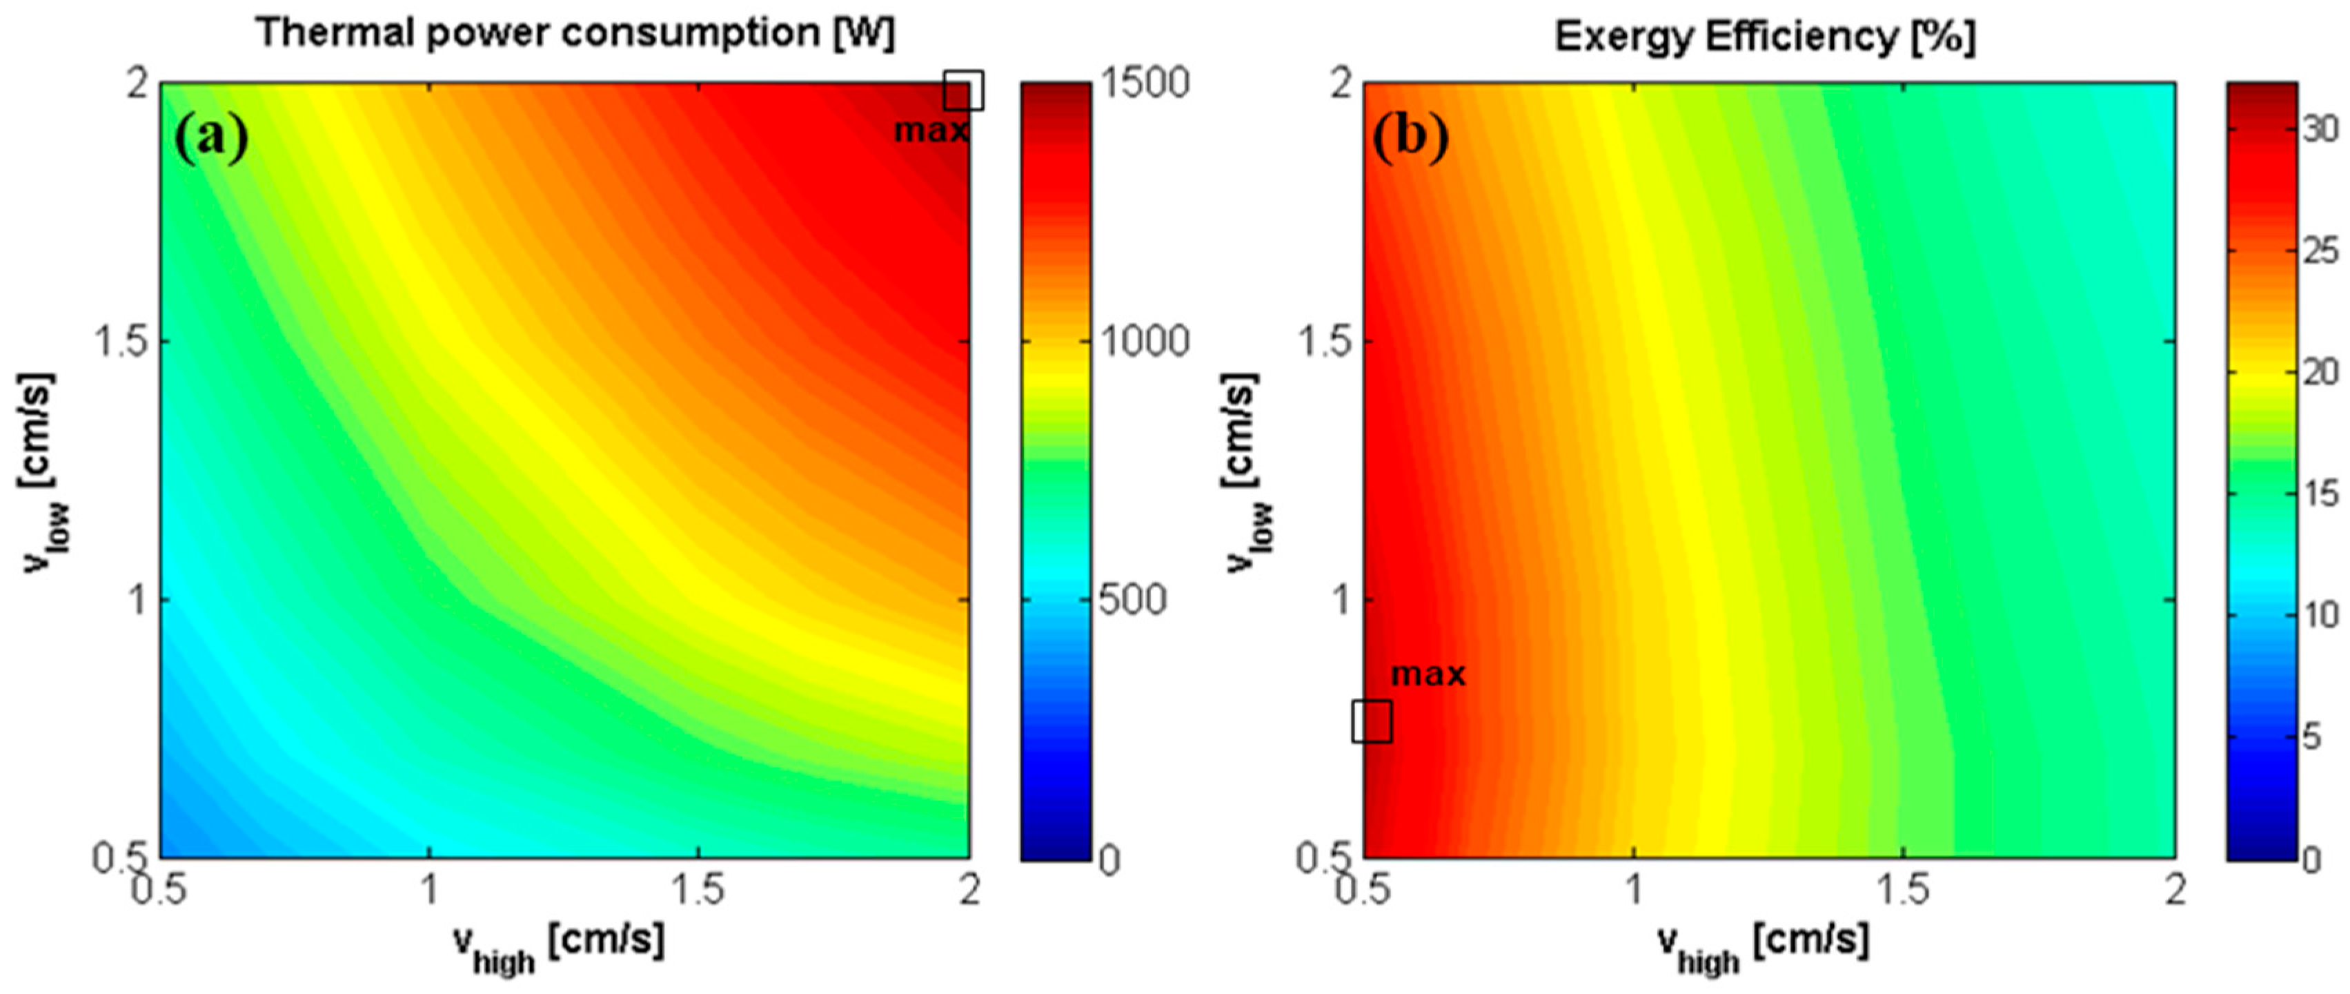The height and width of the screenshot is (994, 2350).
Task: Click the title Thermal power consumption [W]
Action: pyautogui.click(x=575, y=34)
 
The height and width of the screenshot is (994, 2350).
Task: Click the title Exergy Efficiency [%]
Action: pyautogui.click(x=1764, y=37)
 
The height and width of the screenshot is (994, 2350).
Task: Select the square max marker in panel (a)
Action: pyautogui.click(x=963, y=90)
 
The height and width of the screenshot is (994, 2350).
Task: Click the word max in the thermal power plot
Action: pyautogui.click(x=931, y=130)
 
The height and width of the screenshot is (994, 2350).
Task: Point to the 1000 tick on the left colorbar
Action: pyautogui.click(x=1144, y=342)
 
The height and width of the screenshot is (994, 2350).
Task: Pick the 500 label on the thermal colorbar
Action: pyautogui.click(x=1132, y=601)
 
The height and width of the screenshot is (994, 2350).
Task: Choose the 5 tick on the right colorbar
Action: pyautogui.click(x=2310, y=737)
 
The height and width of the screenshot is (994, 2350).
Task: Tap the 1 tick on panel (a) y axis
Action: pyautogui.click(x=138, y=601)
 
